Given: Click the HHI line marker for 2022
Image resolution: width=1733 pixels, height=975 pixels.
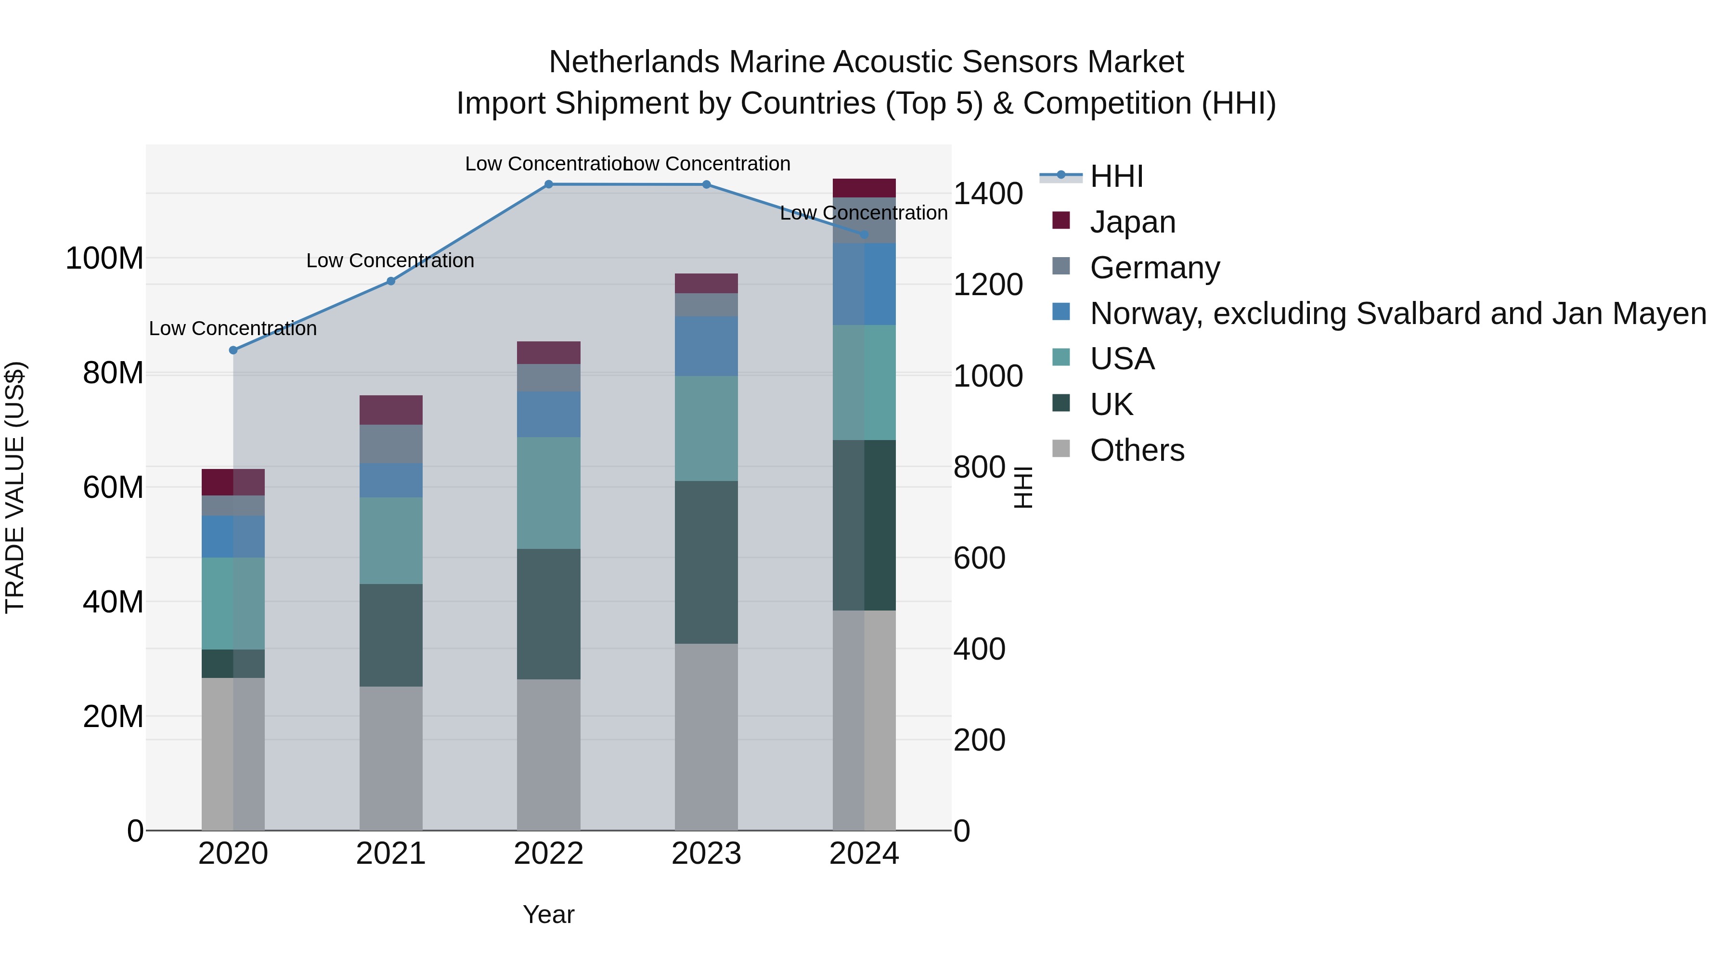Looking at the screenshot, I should click(548, 184).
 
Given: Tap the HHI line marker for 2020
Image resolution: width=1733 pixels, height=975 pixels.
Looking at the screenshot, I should click(233, 350).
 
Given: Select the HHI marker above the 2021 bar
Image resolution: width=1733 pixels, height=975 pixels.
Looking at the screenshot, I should click(391, 281).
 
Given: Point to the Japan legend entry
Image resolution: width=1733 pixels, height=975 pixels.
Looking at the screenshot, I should click(1132, 222).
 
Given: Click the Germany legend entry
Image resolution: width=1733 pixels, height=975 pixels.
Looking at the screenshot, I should click(1154, 268).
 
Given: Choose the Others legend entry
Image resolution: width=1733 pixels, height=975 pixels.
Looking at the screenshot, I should click(1137, 450).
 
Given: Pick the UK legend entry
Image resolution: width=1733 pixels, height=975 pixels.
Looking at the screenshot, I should click(1112, 404).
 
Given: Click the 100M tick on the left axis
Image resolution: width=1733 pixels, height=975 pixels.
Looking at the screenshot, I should click(104, 259).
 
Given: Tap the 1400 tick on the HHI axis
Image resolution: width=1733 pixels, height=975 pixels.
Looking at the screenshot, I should click(988, 194).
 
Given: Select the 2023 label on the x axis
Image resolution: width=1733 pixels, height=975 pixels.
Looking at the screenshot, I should click(706, 854).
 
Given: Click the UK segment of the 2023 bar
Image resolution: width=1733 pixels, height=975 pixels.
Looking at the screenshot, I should click(706, 562).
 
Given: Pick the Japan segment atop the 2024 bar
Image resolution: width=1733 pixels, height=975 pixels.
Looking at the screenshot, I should click(865, 188).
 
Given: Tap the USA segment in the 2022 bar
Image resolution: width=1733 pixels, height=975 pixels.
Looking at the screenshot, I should click(548, 493).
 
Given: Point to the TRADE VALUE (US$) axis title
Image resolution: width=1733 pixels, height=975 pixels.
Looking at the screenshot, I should click(15, 487).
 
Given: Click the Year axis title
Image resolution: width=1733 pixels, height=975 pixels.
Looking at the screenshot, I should click(548, 914).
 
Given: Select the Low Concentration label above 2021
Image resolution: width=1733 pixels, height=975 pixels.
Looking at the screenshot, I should click(390, 260).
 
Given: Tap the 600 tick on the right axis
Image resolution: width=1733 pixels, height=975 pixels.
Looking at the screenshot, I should click(980, 558).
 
